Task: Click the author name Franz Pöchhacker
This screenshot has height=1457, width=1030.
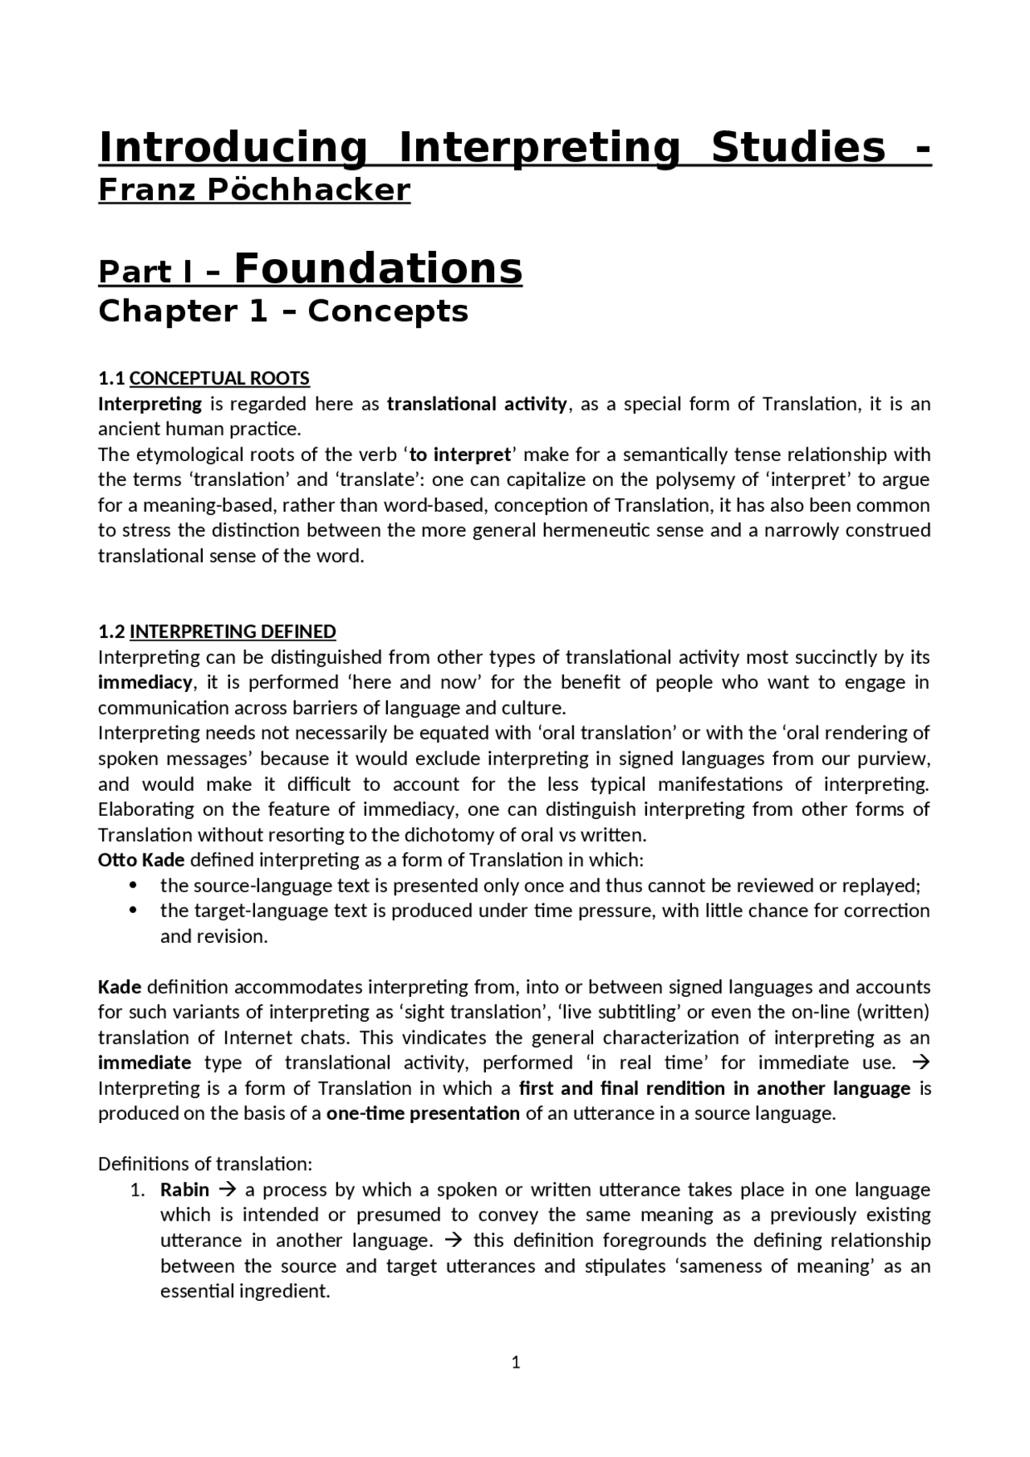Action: (254, 190)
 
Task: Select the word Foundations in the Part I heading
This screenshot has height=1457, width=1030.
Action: (378, 268)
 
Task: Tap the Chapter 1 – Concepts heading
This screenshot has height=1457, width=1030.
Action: (283, 311)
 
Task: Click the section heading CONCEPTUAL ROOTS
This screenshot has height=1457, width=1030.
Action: (219, 378)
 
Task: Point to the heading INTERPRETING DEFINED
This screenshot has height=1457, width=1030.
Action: (233, 632)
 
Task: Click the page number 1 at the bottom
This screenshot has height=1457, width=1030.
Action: (516, 1362)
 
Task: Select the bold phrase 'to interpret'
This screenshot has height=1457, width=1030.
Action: (459, 455)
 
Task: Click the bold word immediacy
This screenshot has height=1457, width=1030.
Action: (145, 682)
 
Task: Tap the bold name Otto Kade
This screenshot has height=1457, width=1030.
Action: (141, 860)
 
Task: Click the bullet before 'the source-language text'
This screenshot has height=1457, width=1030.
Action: (134, 886)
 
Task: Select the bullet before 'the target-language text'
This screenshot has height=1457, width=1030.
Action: (134, 911)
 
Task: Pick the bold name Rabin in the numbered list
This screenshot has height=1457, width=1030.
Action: (184, 1190)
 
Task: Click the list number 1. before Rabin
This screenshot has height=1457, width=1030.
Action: (138, 1190)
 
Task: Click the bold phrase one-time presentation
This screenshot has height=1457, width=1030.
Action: (422, 1113)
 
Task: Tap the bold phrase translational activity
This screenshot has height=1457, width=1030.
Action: (476, 404)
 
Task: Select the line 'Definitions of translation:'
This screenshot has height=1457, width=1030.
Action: (204, 1164)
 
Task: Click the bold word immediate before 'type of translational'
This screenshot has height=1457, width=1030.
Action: (144, 1063)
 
